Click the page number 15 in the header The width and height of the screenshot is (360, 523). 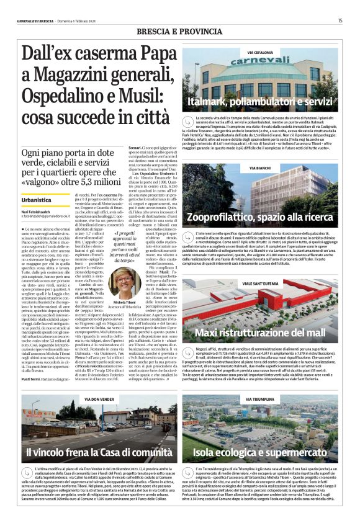[340, 20]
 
